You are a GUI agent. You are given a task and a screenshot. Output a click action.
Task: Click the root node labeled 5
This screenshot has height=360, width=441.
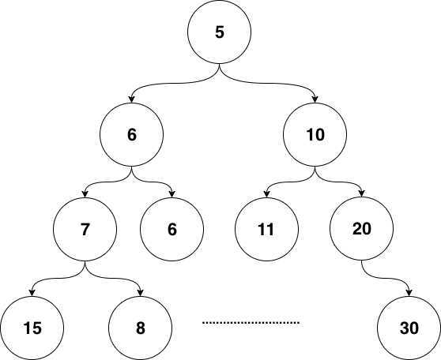[x=220, y=32]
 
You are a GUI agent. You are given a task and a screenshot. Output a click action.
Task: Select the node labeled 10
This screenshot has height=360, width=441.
[x=315, y=135]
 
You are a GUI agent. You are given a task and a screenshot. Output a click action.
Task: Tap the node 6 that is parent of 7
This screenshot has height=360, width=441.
[x=132, y=135]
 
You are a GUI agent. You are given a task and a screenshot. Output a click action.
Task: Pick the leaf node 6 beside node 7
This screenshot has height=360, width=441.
[x=171, y=229]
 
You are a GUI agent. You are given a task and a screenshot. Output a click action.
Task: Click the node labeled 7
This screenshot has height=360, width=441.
[x=85, y=229]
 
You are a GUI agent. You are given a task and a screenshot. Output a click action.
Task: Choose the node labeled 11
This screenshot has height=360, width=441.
[x=266, y=229]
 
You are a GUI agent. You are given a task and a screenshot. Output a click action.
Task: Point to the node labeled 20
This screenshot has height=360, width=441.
[x=362, y=228]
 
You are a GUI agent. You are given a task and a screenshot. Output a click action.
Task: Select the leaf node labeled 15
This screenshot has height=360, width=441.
[x=32, y=328]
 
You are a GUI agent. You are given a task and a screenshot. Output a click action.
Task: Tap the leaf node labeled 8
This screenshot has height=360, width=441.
[x=141, y=328]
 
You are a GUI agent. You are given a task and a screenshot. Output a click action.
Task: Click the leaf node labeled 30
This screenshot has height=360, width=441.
[x=409, y=328]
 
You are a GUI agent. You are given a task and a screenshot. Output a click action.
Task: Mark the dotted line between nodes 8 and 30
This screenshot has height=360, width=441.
[x=251, y=323]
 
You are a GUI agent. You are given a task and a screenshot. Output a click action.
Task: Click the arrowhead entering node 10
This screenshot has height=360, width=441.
[x=315, y=99]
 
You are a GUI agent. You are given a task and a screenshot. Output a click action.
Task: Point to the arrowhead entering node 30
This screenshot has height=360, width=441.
[x=409, y=293]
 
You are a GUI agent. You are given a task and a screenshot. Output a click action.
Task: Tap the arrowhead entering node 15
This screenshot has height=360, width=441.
[x=32, y=293]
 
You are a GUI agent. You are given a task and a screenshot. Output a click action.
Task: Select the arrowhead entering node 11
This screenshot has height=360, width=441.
[x=266, y=194]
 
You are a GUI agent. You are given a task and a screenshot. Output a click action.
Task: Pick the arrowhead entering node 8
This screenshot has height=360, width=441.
[x=141, y=293]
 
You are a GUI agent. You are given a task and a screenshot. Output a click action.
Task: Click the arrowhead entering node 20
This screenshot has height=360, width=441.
[x=362, y=193]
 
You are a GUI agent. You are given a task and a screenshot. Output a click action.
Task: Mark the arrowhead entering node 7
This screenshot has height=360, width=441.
[x=85, y=194]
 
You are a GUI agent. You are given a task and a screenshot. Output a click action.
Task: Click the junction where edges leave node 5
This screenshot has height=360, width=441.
[x=220, y=67]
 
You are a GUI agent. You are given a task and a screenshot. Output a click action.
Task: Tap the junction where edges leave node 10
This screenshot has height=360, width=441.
[x=315, y=170]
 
